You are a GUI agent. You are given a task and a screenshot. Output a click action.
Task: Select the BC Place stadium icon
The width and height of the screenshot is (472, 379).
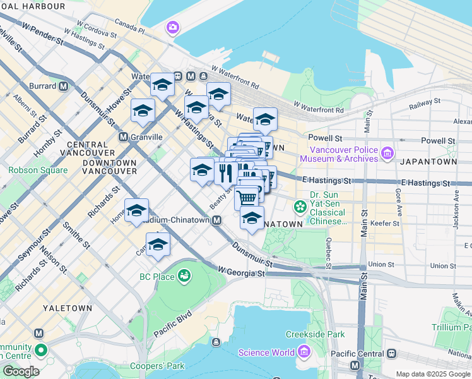point(184,276)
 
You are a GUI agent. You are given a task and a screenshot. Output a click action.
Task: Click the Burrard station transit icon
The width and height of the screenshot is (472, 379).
point(63,86)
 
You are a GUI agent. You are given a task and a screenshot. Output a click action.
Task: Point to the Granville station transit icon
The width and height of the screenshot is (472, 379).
point(124,136)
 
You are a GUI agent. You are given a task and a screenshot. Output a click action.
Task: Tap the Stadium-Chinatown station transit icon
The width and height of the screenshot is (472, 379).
point(216,220)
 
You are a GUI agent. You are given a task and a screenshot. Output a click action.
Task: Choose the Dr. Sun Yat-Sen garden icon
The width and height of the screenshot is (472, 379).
point(300,206)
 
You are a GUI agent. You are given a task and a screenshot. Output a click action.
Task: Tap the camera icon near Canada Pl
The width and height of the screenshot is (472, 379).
point(172,28)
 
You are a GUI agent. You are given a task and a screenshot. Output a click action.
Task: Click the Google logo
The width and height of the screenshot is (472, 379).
point(20,371)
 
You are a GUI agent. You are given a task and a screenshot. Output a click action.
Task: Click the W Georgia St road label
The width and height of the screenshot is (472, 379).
point(241,272)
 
